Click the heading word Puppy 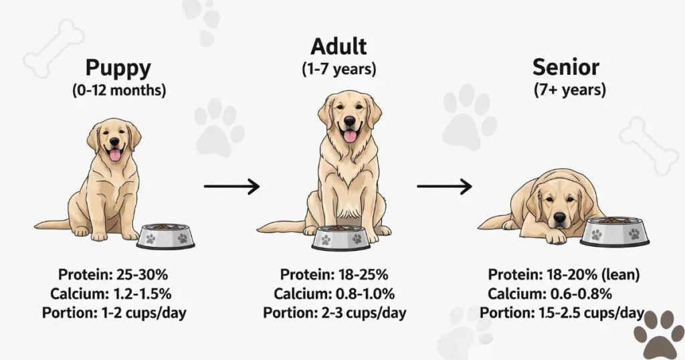coord(118,69)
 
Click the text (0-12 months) coord(118,90)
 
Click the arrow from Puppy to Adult coord(231,187)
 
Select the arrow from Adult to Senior coord(444,186)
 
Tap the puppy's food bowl coord(166,236)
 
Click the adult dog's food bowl coord(341,238)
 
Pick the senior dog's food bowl coord(614,232)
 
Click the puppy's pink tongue coord(115,155)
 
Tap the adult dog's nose coord(349,121)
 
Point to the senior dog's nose coord(560,217)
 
